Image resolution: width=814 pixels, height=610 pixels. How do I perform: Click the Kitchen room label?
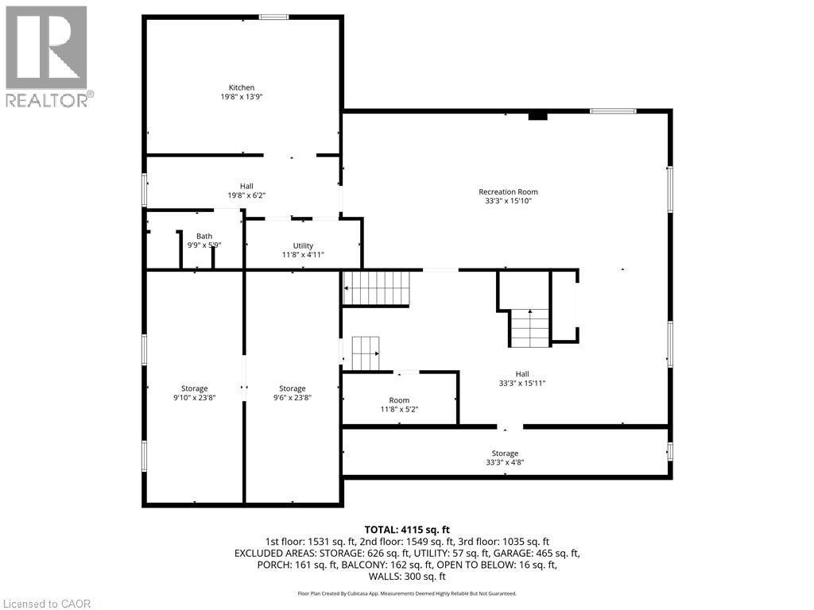(242, 91)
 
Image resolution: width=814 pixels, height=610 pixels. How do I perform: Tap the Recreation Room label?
(508, 196)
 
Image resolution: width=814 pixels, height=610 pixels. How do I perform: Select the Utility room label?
(303, 250)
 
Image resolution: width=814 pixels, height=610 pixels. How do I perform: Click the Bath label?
(205, 240)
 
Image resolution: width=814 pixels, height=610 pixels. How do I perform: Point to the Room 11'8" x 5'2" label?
(399, 405)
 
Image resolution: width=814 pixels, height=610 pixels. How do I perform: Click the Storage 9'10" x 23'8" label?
(194, 393)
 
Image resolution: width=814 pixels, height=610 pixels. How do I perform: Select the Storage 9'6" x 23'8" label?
(293, 393)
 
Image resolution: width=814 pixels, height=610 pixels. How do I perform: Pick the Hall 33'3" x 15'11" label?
(522, 378)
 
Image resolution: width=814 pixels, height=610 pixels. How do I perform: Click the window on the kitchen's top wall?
(274, 17)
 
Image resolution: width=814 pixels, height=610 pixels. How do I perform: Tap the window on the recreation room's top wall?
(613, 111)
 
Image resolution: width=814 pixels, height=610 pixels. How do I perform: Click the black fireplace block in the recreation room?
(538, 116)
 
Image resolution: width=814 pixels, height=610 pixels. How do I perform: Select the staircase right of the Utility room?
(376, 288)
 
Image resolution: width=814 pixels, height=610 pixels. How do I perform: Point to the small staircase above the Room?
(366, 353)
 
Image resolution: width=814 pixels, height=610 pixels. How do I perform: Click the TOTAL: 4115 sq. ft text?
(407, 529)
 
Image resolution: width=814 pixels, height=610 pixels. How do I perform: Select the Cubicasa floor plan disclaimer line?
(407, 593)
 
